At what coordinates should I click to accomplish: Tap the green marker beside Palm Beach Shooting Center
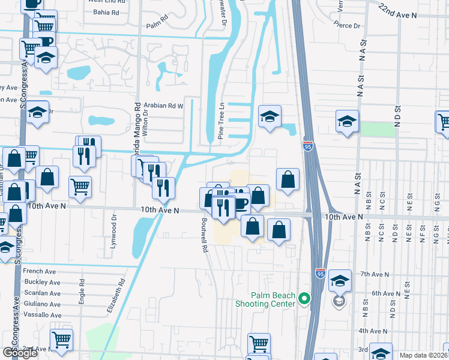click(304, 298)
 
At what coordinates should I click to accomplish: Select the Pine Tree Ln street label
click(221, 121)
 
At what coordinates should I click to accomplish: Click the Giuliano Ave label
click(42, 304)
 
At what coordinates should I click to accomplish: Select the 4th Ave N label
click(373, 331)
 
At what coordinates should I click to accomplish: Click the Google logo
click(20, 353)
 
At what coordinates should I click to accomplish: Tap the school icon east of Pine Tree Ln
click(270, 116)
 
